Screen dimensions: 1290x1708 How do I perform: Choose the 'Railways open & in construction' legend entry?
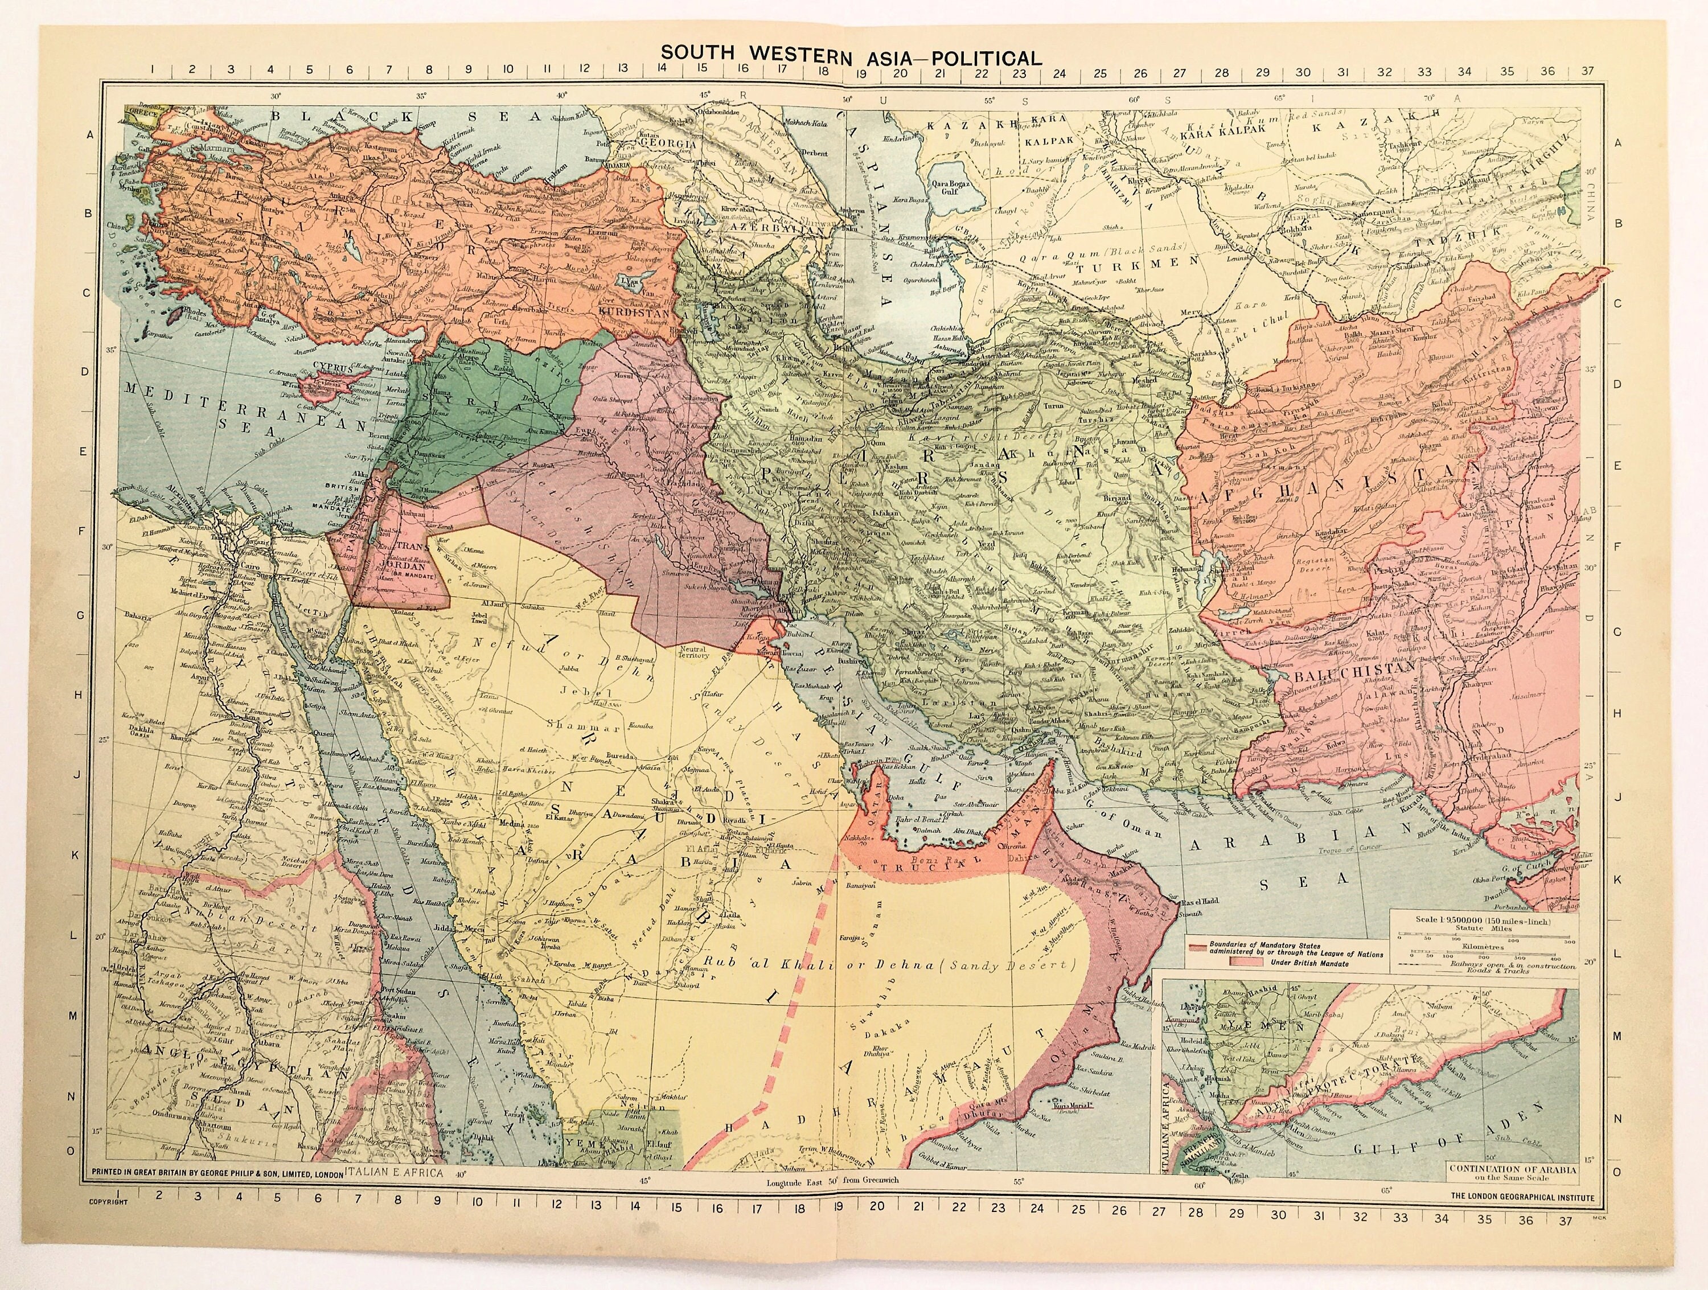(x=1509, y=965)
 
